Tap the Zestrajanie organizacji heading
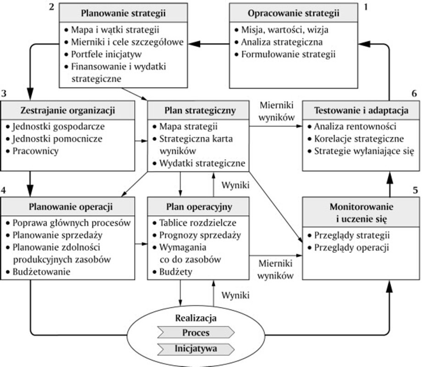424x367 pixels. [68, 110]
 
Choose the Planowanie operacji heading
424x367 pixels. [68, 206]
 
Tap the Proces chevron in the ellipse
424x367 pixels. [196, 332]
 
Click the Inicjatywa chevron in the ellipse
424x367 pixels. [196, 348]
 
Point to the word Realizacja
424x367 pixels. [196, 317]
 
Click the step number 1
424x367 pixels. [366, 7]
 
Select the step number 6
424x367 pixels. [414, 94]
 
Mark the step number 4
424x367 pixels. [4, 189]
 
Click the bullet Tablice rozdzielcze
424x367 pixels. [198, 223]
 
